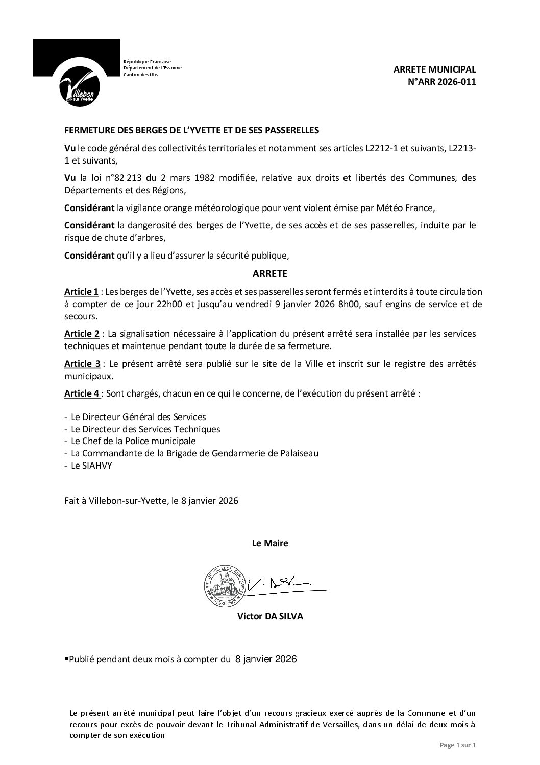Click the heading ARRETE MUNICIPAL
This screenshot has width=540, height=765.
click(435, 69)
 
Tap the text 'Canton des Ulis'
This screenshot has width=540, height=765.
click(141, 75)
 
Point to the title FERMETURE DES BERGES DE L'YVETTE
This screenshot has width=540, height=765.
click(191, 130)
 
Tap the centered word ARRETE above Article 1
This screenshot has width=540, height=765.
click(270, 274)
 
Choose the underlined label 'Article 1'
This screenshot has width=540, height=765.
click(81, 292)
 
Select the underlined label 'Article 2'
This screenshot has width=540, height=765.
click(82, 334)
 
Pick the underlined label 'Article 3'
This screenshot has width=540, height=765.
click(82, 364)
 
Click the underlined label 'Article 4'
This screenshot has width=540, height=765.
click(82, 394)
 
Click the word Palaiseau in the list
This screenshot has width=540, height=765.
click(300, 453)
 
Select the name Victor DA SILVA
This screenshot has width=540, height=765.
click(270, 616)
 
